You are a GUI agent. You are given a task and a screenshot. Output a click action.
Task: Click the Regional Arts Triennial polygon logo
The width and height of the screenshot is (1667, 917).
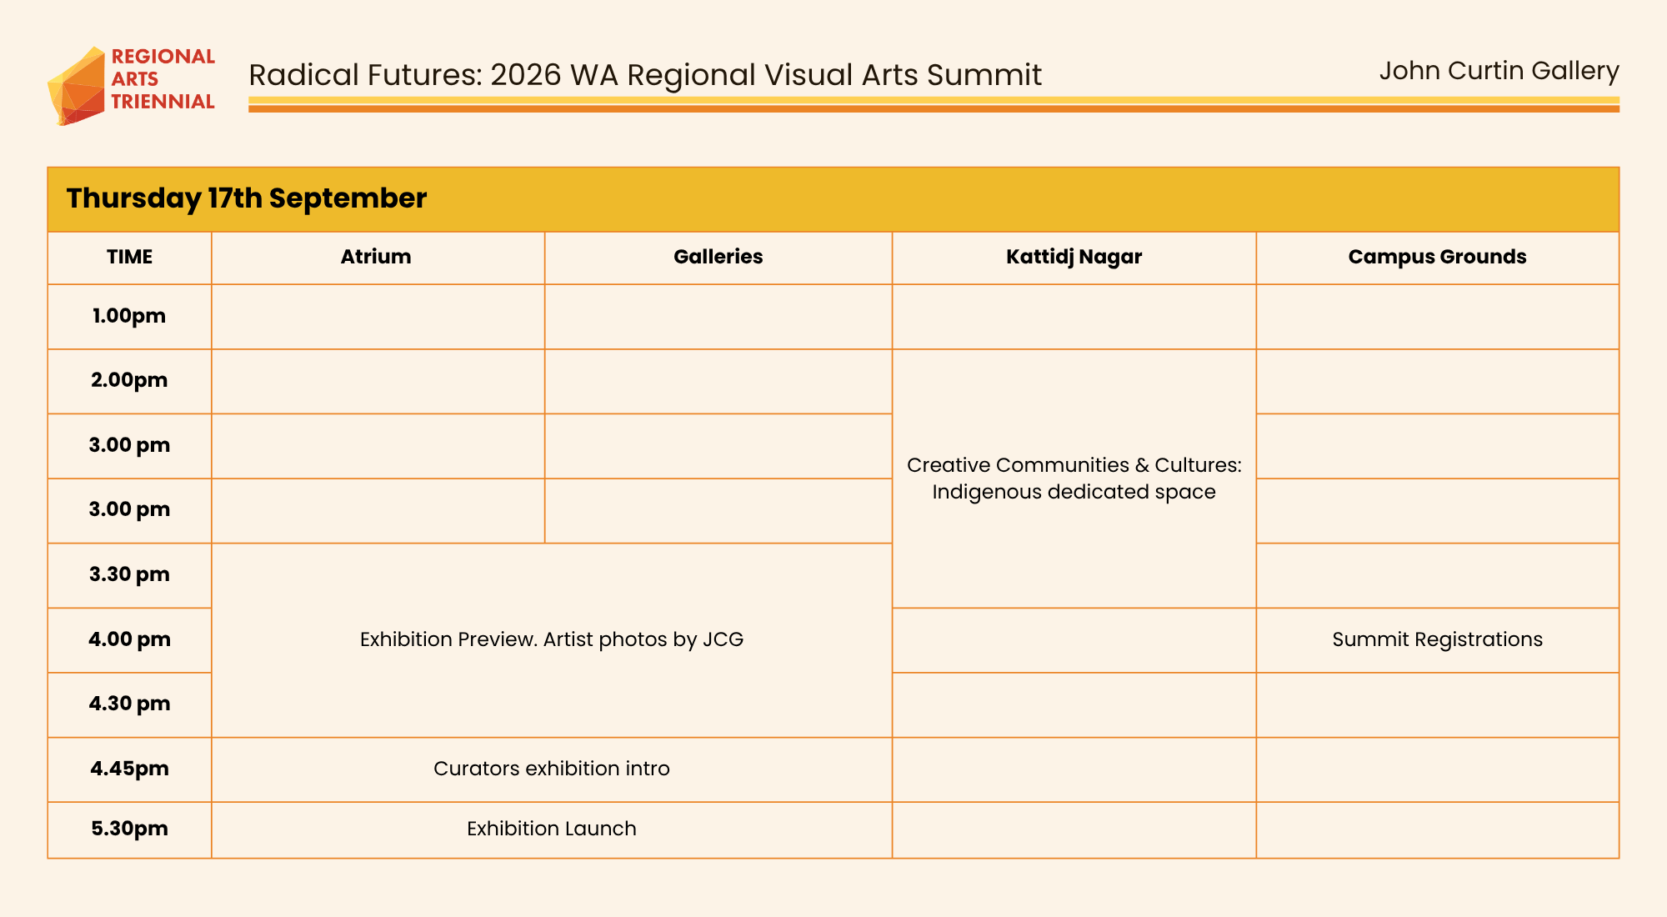point(77,86)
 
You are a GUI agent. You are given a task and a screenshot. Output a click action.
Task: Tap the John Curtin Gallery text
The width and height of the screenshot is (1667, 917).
point(1499,72)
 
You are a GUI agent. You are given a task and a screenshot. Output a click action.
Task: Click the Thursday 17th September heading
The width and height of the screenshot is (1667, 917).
point(247,198)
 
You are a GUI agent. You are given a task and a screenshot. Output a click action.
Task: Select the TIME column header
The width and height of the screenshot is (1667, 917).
point(129,257)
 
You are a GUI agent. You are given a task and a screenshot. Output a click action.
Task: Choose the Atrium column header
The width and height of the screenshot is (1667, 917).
point(376,257)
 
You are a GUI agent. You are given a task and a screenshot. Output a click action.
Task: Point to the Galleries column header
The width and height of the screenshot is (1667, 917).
point(718,257)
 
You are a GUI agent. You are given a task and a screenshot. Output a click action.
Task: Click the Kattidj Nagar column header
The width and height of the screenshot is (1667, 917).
point(1074,257)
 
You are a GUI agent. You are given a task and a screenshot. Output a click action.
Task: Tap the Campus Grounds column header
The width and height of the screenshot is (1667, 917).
point(1438,257)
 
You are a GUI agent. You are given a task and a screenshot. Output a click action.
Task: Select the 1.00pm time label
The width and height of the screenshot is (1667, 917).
point(129,316)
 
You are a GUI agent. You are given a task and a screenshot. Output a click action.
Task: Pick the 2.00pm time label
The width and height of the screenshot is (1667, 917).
point(129,380)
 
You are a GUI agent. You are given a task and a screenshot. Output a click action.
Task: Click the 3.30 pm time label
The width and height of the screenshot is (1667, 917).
point(129,574)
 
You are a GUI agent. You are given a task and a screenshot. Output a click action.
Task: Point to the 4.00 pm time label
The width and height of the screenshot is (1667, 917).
point(129,639)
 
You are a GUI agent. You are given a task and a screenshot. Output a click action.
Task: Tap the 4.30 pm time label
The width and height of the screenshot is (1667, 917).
point(129,704)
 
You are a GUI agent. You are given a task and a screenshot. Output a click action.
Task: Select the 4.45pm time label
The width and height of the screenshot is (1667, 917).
point(129,769)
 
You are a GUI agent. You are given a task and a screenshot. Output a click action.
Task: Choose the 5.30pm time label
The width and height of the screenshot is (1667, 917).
point(129,829)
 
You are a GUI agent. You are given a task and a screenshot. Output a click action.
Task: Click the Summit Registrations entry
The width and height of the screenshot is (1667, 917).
point(1438,639)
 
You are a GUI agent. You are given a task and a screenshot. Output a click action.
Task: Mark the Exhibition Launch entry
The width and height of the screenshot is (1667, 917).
point(552,829)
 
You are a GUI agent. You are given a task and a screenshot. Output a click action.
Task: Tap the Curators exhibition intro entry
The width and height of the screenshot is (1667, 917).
point(552,769)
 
